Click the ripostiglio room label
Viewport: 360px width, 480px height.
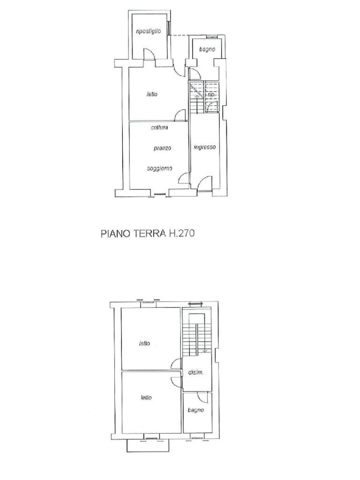(x=148, y=31)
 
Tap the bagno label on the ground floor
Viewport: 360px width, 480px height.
(x=207, y=49)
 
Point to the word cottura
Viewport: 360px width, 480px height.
(x=159, y=127)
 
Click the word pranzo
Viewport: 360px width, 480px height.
(x=162, y=148)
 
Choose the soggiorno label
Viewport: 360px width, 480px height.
(x=159, y=168)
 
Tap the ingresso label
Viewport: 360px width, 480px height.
(x=205, y=147)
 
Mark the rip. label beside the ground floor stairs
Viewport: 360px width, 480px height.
(x=211, y=94)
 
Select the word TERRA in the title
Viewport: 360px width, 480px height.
(x=150, y=232)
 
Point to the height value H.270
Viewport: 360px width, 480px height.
(x=183, y=232)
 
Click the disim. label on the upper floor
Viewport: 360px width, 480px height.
(x=195, y=373)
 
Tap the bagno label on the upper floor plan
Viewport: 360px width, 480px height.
(x=196, y=410)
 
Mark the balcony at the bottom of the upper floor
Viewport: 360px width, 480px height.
(x=147, y=445)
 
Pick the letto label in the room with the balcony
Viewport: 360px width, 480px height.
(x=146, y=397)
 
